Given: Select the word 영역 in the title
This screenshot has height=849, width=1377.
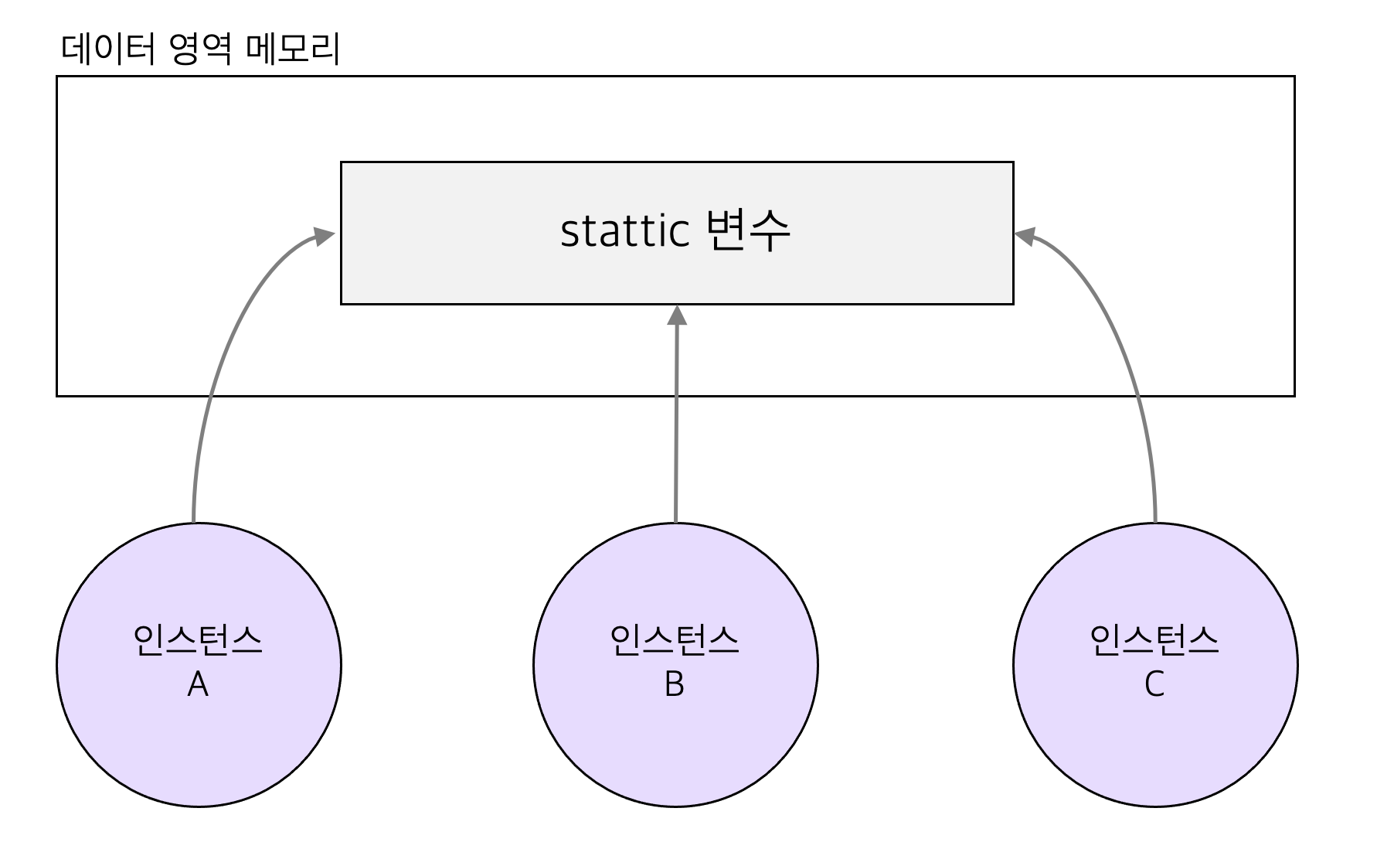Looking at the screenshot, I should (x=199, y=49).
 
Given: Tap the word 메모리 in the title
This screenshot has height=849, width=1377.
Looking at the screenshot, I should (x=293, y=49).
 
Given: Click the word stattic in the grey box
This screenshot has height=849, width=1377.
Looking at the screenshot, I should (x=624, y=231).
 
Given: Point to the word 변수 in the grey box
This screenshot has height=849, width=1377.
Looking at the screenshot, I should (x=748, y=230).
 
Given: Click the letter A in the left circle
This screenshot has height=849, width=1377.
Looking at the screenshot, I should (x=198, y=684).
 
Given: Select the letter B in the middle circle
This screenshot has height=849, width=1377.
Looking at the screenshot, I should (x=675, y=684).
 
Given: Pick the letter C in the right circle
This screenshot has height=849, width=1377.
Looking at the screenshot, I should (x=1154, y=684).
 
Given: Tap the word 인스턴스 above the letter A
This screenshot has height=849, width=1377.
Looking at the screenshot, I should (x=198, y=640).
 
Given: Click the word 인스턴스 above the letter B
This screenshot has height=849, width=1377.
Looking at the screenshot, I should (x=675, y=640).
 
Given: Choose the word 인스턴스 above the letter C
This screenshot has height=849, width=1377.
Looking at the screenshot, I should (x=1154, y=640).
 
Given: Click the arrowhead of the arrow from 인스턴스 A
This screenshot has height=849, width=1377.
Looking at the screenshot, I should (x=325, y=236).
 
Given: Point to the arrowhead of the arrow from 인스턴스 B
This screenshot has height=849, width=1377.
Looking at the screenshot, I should (x=677, y=315).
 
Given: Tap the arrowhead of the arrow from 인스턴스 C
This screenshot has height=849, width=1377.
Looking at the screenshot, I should (x=1025, y=236).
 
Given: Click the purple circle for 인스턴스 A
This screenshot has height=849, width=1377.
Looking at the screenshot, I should (x=198, y=742).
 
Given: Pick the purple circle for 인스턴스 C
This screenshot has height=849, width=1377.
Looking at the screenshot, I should (x=1154, y=742).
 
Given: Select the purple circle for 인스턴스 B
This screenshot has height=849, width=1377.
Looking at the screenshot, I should (x=675, y=742).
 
